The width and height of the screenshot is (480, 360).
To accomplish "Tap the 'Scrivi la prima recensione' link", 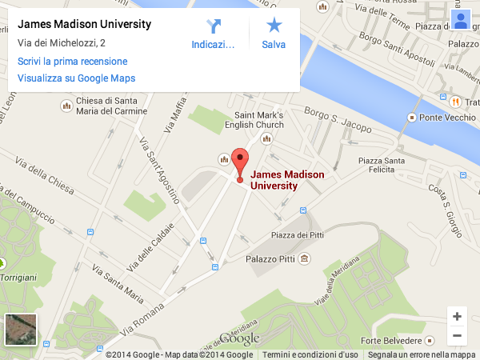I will (72, 61).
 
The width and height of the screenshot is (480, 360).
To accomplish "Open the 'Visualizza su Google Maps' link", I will (76, 78).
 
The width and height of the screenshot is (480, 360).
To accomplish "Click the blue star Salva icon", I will (274, 26).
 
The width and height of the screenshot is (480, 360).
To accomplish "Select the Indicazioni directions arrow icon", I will (214, 26).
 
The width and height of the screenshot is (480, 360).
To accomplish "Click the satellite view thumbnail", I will (21, 330).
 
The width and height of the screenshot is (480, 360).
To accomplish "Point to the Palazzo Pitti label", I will (272, 259).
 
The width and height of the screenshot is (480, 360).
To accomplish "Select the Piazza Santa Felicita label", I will (382, 166).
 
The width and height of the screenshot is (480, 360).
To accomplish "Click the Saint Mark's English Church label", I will (258, 120).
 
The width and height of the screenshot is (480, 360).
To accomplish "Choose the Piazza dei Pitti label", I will (297, 234).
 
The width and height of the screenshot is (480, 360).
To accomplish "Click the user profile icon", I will (460, 20).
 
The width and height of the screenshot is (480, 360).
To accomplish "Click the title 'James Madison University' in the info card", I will (84, 24).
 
